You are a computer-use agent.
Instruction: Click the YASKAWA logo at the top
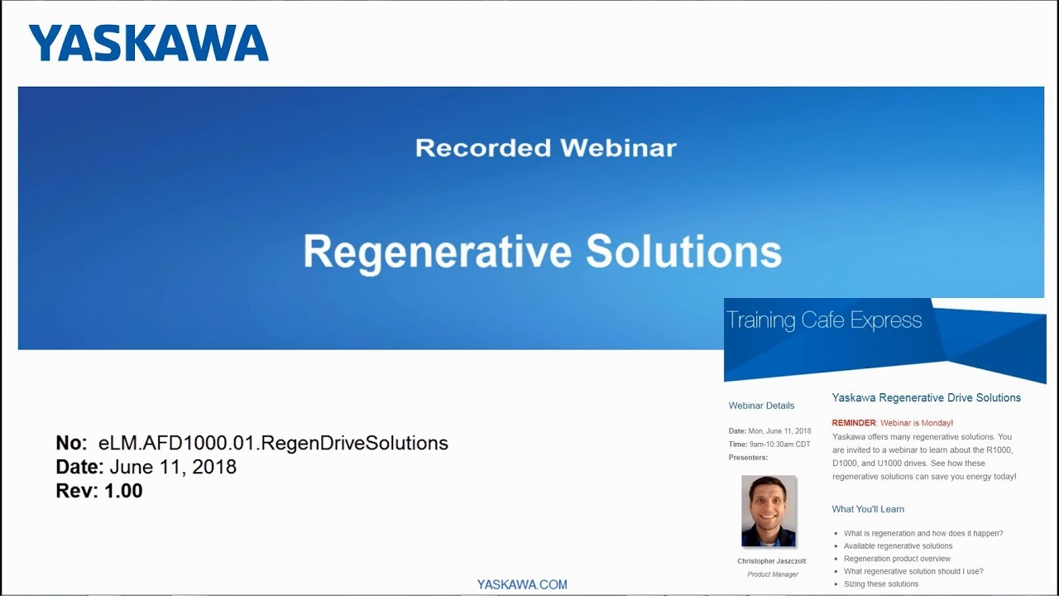(148, 43)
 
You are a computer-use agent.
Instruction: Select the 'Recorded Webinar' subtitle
(545, 148)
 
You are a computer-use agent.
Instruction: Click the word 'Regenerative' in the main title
(438, 252)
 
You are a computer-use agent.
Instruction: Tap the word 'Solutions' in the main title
(683, 252)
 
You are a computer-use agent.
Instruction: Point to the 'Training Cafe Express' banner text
(823, 320)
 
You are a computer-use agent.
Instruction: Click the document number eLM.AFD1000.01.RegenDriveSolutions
(273, 443)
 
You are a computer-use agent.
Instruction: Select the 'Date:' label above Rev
(79, 467)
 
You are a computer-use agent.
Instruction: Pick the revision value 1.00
(123, 491)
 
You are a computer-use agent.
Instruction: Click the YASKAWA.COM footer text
(522, 584)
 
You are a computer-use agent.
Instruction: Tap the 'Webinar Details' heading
(761, 406)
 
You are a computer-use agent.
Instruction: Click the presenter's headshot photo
(769, 511)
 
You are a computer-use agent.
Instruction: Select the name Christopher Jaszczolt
(771, 561)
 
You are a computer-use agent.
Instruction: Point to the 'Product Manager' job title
(773, 574)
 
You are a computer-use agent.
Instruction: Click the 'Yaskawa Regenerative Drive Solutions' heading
(926, 398)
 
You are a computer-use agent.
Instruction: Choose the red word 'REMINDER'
(854, 423)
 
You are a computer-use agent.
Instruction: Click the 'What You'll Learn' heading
(868, 509)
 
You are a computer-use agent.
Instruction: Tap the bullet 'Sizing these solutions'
(880, 584)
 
